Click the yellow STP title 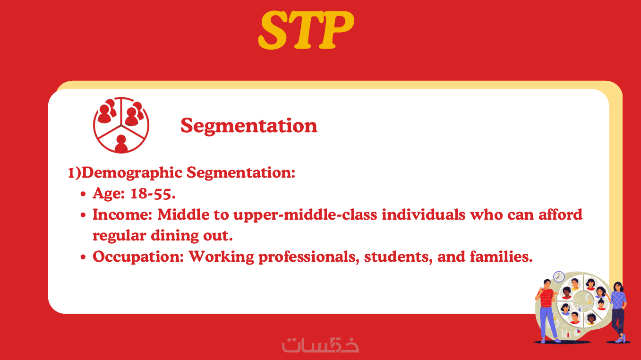[x=306, y=30]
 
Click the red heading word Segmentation [x=249, y=126]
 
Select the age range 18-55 [x=153, y=194]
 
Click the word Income [x=122, y=214]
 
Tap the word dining [x=175, y=236]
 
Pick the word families [x=501, y=256]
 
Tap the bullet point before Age [x=83, y=194]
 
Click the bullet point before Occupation [x=83, y=257]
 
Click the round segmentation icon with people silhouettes [x=121, y=125]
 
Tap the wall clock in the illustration [x=559, y=277]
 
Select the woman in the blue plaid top [x=619, y=312]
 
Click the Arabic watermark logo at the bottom [x=320, y=345]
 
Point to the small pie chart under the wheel [x=578, y=332]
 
